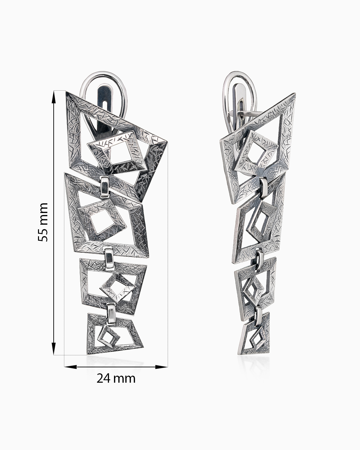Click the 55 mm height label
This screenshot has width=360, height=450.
[x=43, y=222]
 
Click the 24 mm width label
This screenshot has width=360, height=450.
[x=116, y=378]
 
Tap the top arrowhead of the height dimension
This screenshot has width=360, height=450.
[x=54, y=98]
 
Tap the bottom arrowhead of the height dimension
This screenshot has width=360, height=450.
[x=54, y=349]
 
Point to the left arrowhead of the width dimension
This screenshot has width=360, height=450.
[x=70, y=367]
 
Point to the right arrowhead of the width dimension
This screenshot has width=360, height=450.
[x=161, y=367]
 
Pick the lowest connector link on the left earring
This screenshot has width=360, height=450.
[x=111, y=314]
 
